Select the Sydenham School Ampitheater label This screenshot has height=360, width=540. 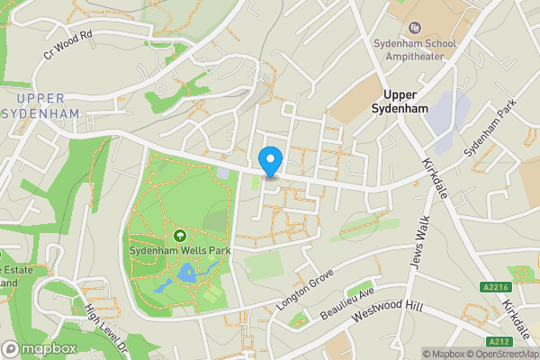[415, 49]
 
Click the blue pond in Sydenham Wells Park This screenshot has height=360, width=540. [186, 273]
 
